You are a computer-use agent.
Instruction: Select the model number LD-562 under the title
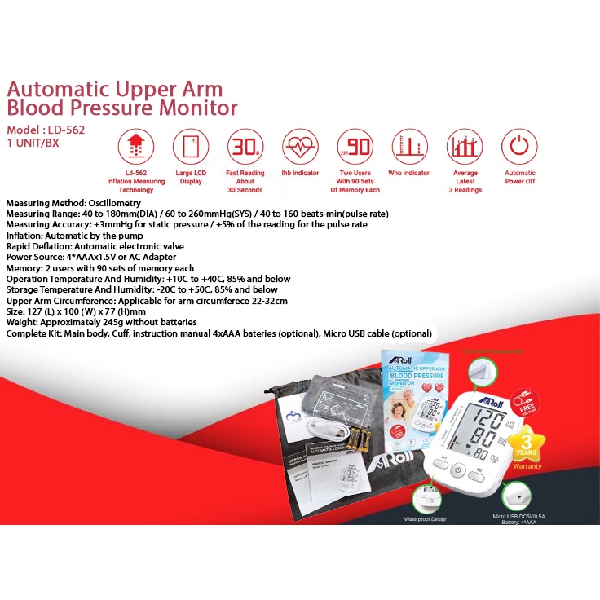click(65, 129)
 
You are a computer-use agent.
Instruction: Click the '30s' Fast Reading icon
click(244, 148)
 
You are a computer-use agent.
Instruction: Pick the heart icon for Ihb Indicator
click(300, 148)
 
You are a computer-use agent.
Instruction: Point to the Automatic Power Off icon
click(519, 148)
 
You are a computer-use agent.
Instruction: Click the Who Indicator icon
click(409, 148)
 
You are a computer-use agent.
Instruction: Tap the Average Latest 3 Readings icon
click(465, 148)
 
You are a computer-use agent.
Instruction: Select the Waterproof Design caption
click(426, 518)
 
